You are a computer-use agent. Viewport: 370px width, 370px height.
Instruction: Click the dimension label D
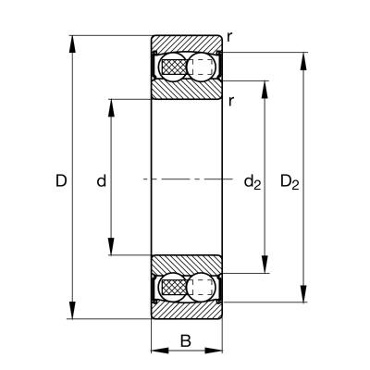[61, 180]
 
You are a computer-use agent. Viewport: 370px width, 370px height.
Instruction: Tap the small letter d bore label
[102, 180]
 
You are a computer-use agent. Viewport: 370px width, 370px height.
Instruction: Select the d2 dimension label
[253, 182]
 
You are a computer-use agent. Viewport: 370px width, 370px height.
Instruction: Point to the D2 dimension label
[290, 182]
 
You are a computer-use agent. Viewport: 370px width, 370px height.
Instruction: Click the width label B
[186, 341]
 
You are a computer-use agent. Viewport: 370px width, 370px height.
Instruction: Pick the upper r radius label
[229, 38]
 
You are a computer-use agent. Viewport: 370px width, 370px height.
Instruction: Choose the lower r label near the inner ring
[231, 101]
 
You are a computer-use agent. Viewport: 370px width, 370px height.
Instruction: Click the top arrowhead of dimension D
[72, 44]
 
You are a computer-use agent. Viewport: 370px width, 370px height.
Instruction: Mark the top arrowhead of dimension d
[111, 108]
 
